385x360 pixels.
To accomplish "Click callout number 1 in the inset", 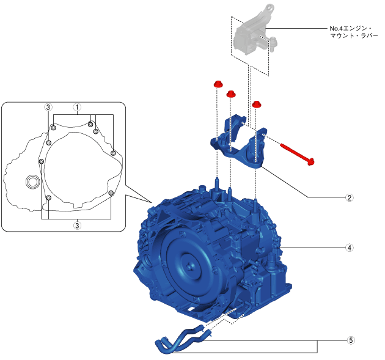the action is (x=77, y=108).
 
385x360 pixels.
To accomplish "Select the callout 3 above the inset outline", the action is (x=48, y=108).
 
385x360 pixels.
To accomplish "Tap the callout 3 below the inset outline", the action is (x=77, y=226).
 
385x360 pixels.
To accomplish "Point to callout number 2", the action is (x=349, y=197).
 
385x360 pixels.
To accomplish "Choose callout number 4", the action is (x=349, y=248).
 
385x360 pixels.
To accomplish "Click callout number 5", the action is (x=351, y=340).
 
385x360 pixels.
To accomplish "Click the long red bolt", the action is (x=297, y=154).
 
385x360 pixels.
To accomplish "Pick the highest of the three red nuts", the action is (x=218, y=84).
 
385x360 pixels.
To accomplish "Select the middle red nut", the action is (x=231, y=94).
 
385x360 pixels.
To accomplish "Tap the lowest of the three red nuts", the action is (x=256, y=104).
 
